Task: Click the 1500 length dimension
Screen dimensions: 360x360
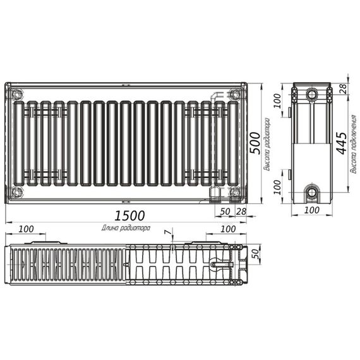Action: point(130,215)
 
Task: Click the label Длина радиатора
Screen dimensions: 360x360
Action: point(125,227)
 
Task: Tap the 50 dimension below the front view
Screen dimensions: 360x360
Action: point(225,211)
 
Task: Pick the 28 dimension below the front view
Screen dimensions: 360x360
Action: point(240,211)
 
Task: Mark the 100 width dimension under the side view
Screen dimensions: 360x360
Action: point(311,210)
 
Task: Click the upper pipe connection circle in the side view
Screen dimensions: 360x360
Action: point(312,95)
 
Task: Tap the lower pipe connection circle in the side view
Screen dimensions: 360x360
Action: point(312,192)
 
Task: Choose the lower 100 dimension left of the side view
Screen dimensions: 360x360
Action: point(276,186)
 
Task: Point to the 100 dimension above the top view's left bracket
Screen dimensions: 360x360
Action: point(26,228)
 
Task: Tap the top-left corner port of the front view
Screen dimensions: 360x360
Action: point(17,95)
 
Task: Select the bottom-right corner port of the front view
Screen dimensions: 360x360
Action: point(234,192)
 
